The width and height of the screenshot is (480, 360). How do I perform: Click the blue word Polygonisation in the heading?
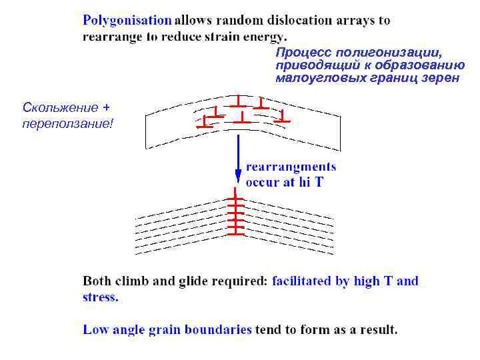click(x=127, y=21)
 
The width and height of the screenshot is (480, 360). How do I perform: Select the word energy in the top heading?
click(x=265, y=37)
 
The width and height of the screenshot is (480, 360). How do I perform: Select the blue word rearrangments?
click(x=291, y=167)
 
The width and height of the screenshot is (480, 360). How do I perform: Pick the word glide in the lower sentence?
click(x=194, y=281)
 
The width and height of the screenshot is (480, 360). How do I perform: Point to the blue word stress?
click(x=100, y=298)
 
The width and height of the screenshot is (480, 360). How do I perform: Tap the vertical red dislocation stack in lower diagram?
click(x=235, y=213)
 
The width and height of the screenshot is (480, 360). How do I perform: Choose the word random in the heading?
click(x=228, y=21)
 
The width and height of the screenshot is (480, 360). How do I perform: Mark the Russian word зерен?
click(x=441, y=78)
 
